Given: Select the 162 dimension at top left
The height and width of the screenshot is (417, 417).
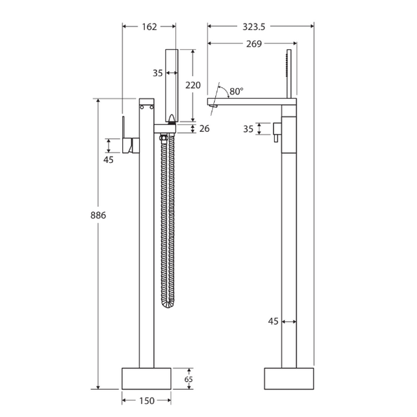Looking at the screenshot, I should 149,27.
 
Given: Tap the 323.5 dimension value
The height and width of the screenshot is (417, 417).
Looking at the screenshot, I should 254,27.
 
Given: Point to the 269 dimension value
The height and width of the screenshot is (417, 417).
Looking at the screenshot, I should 254,44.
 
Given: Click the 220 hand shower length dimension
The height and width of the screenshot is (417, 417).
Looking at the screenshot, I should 193,85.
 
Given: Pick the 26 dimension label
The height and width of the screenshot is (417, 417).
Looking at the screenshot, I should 204,129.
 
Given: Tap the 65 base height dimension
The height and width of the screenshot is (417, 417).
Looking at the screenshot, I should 188,379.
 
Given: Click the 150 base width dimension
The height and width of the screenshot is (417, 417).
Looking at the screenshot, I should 147,401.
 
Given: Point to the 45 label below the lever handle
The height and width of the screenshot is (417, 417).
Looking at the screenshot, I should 108,160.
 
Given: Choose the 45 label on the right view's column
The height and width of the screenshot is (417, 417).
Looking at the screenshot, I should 273,321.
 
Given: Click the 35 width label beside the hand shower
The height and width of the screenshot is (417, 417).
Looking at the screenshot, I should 158,73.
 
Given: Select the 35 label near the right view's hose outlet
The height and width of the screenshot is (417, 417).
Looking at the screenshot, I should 248,129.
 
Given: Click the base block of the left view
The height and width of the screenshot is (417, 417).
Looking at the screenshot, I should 147,379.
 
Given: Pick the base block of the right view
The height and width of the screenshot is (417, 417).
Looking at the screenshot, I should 289,379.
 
